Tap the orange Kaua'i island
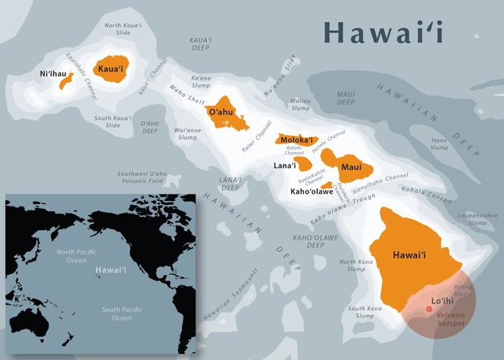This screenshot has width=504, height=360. (112, 69)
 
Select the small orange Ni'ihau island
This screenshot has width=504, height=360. (67, 80)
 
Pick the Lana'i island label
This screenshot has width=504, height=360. (283, 165)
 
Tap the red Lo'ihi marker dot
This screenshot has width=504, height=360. (429, 309)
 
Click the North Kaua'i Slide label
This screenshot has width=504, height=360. (124, 31)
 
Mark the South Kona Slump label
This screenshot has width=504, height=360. (366, 312)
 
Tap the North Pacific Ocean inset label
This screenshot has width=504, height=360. (76, 255)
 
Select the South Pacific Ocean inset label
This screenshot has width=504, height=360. (110, 314)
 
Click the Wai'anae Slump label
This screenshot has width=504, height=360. (187, 133)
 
